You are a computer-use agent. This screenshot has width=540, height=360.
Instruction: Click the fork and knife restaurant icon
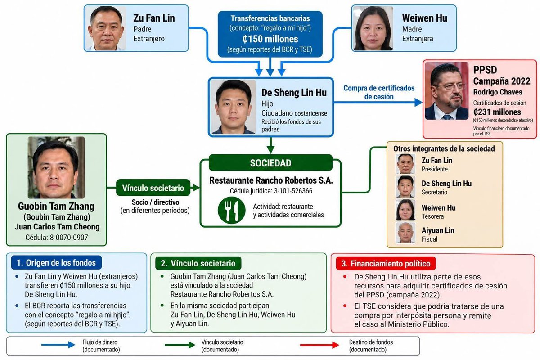click(x=231, y=210)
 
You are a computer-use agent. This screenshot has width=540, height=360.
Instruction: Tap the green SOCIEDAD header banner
click(x=270, y=163)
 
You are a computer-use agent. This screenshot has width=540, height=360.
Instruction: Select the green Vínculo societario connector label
click(x=153, y=188)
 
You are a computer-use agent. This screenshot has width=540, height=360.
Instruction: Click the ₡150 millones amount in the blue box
click(x=270, y=39)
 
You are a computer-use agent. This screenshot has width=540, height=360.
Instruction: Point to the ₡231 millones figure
click(x=497, y=112)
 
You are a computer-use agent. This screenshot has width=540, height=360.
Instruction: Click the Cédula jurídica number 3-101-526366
click(x=293, y=191)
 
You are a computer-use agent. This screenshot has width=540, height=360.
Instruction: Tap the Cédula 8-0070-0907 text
click(x=57, y=238)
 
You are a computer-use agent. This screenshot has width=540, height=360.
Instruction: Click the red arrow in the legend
click(x=319, y=345)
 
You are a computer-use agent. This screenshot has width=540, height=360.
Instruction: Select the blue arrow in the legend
click(x=58, y=345)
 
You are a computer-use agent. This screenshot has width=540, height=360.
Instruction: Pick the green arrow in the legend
click(x=180, y=345)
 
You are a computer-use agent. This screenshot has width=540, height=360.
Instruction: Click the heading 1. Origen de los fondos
click(x=56, y=263)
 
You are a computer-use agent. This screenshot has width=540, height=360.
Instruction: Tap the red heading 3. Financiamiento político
click(x=386, y=264)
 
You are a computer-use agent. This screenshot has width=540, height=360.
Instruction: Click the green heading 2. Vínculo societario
click(x=198, y=263)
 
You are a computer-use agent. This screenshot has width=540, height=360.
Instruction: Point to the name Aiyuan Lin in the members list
click(x=438, y=230)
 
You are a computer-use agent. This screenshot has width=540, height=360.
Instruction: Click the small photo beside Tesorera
click(x=405, y=210)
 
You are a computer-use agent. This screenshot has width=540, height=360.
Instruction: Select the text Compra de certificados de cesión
click(x=379, y=92)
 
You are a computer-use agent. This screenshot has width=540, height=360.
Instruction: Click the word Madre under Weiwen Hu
click(x=412, y=29)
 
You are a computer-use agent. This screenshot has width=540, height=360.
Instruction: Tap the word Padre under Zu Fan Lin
click(x=143, y=29)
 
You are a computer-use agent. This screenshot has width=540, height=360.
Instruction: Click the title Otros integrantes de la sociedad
click(x=444, y=148)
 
